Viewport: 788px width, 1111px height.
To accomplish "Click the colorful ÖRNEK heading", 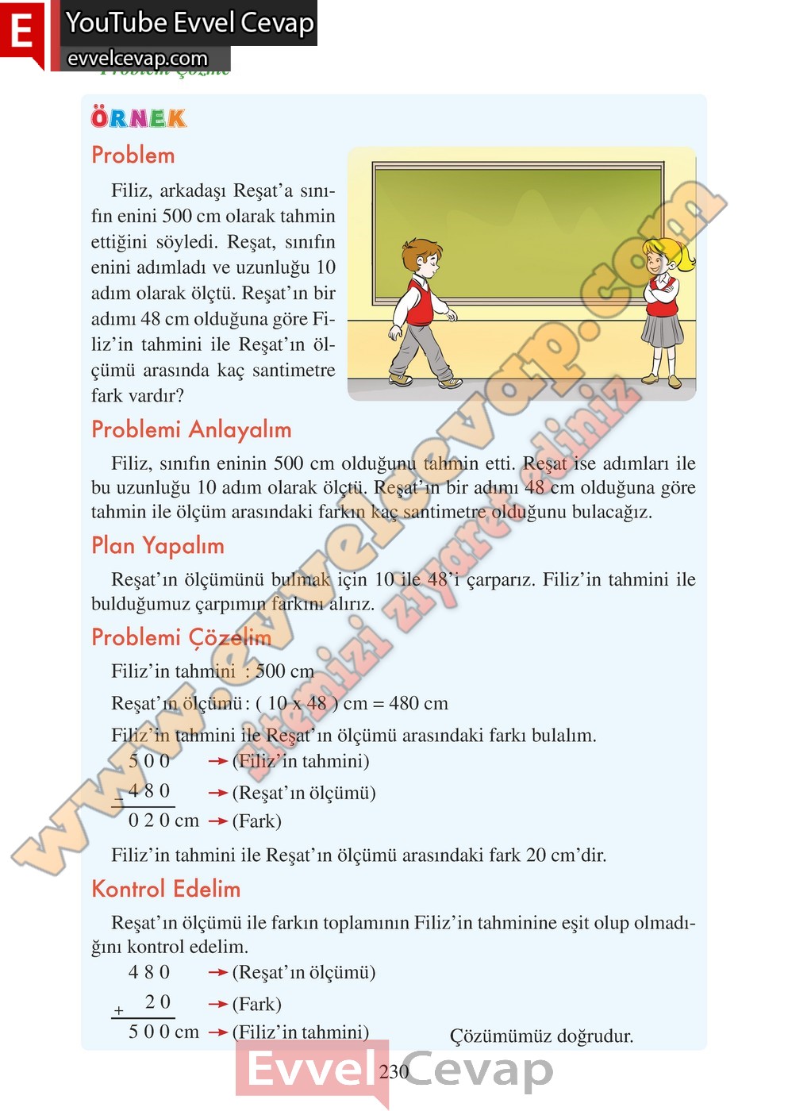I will click(x=138, y=118).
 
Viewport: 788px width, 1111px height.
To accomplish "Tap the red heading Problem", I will click(x=133, y=155).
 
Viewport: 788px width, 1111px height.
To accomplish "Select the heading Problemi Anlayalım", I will click(x=191, y=429).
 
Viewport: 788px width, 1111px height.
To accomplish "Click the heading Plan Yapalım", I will click(x=157, y=545).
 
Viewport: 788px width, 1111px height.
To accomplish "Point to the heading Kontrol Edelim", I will click(x=166, y=888).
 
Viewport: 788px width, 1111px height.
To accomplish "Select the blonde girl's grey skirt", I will click(x=663, y=329).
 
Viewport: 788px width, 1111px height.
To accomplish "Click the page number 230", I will click(x=394, y=1071).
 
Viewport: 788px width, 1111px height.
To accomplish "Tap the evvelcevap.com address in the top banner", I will click(x=137, y=59).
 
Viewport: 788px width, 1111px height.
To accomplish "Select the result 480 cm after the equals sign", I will click(x=418, y=703).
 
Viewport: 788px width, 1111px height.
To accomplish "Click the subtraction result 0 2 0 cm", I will click(x=163, y=821).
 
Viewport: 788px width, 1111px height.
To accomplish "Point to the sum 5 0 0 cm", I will click(x=163, y=1032).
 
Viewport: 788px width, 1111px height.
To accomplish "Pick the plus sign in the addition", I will click(x=119, y=1011).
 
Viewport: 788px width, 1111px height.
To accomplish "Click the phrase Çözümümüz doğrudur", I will click(x=541, y=1036).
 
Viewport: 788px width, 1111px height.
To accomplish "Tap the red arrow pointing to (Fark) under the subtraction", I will click(x=217, y=821).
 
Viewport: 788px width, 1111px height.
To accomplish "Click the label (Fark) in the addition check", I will click(x=256, y=1004).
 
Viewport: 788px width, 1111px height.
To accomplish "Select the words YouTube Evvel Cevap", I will click(x=190, y=22).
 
